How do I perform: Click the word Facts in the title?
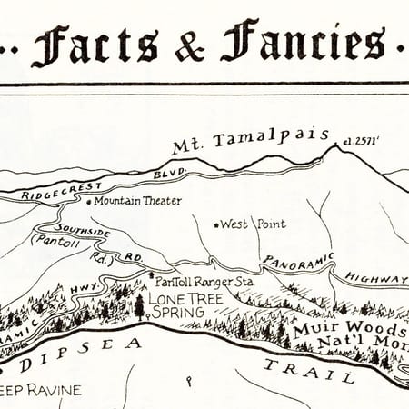(99, 45)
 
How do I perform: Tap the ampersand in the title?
(189, 46)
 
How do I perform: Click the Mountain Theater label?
(138, 200)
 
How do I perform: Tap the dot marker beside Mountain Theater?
(91, 201)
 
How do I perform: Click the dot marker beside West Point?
(215, 224)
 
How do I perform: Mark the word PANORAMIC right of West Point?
(298, 261)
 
